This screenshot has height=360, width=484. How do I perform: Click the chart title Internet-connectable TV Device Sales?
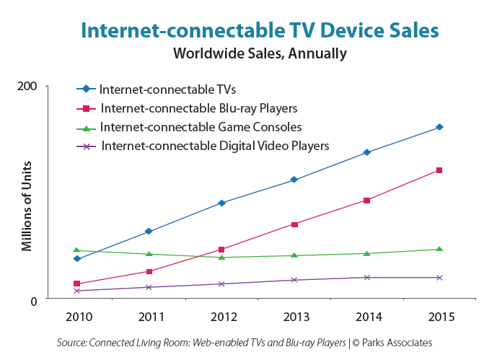click(260, 30)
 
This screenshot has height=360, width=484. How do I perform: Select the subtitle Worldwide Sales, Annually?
click(260, 53)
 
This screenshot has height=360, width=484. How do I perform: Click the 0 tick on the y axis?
click(32, 299)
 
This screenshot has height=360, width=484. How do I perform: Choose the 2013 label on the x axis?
click(294, 317)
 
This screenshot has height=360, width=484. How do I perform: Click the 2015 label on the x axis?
click(439, 317)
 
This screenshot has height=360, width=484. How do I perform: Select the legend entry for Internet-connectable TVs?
click(167, 89)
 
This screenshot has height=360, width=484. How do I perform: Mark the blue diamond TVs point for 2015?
click(439, 128)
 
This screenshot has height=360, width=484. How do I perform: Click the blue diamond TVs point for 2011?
click(149, 232)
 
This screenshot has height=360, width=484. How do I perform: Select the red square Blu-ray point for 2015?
click(439, 170)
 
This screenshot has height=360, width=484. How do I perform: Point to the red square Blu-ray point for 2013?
click(294, 224)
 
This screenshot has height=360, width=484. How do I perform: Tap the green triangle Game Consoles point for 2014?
click(367, 253)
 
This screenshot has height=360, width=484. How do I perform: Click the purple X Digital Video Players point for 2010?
click(76, 291)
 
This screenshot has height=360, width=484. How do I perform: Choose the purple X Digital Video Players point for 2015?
click(439, 278)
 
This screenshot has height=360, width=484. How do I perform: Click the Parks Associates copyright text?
click(393, 343)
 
